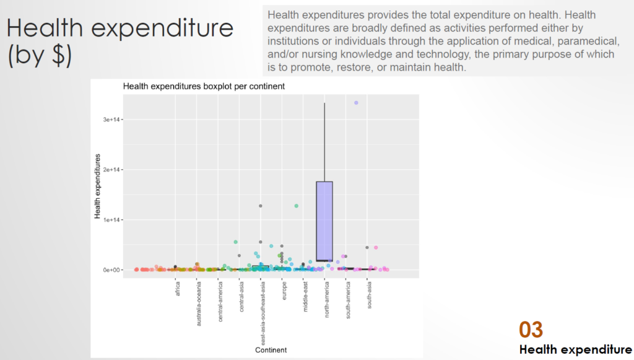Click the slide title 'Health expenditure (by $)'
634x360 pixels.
tap(119, 42)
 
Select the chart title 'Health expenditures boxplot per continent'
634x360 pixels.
tap(204, 86)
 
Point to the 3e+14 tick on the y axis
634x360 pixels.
tap(111, 120)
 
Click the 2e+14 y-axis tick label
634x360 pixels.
tap(111, 170)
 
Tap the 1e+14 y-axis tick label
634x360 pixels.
tap(111, 219)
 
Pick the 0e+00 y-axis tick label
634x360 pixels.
tap(111, 270)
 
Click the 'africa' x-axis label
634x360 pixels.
tap(178, 289)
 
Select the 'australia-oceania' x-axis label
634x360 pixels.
tap(199, 304)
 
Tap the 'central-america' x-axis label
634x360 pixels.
tap(220, 302)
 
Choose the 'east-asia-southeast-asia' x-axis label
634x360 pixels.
tap(263, 314)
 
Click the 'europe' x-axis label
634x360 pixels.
tap(284, 291)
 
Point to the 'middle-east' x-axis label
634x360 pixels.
tap(306, 297)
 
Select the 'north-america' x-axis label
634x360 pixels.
tap(327, 300)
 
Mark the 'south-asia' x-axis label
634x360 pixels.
tap(370, 296)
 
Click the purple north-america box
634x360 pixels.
tap(324, 221)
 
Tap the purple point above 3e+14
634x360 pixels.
tap(356, 103)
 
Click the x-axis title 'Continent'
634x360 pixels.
tap(271, 350)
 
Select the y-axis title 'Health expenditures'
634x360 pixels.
tap(97, 186)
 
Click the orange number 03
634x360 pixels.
tap(531, 330)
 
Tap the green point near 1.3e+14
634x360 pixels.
tap(297, 206)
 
